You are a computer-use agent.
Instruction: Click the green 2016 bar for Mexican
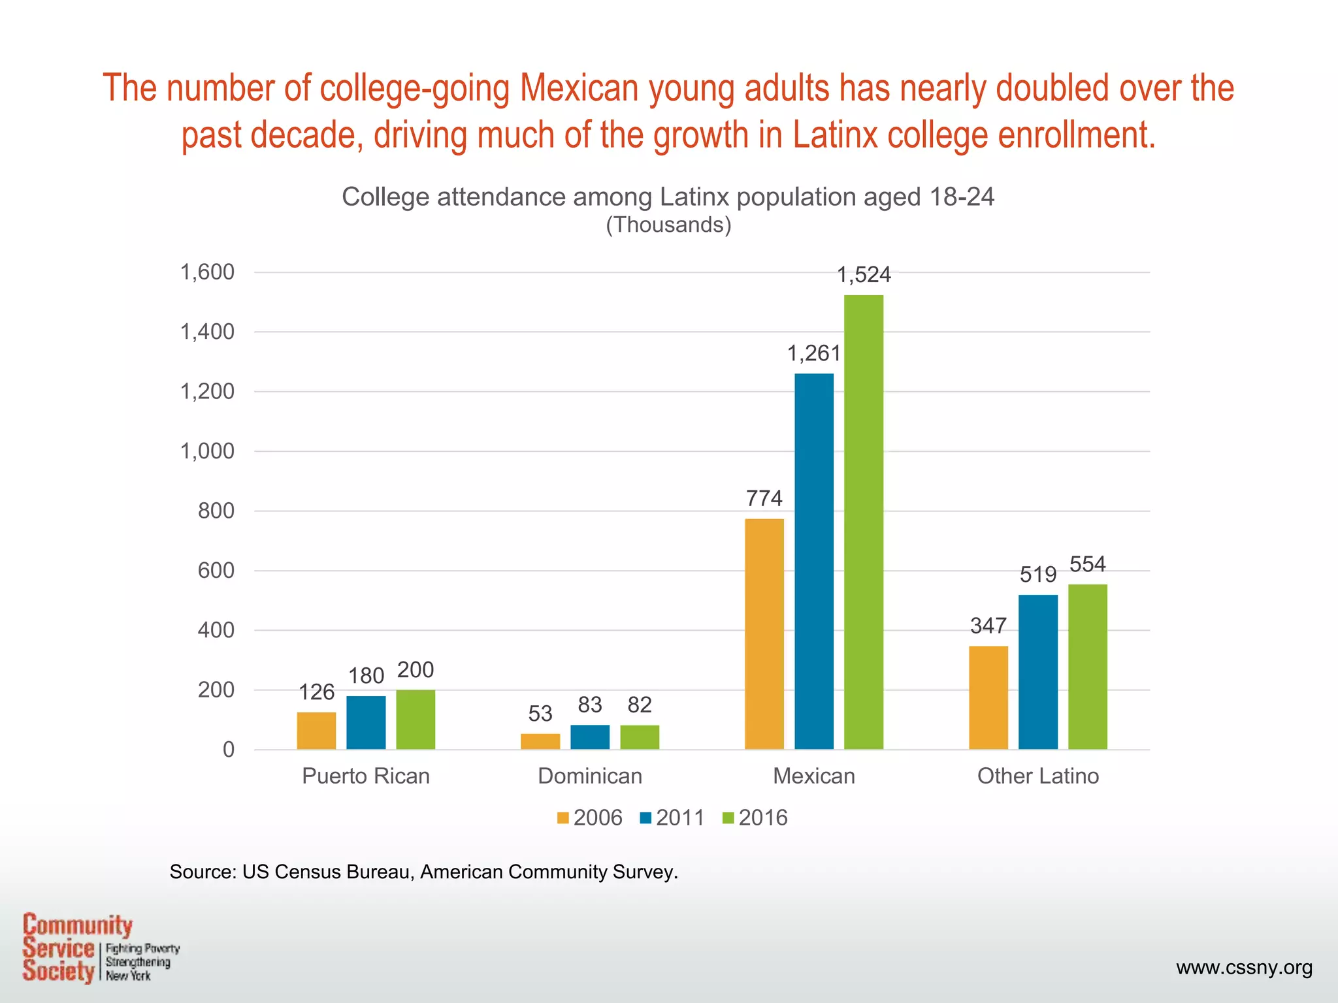[x=863, y=522]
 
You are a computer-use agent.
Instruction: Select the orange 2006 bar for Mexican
[x=764, y=633]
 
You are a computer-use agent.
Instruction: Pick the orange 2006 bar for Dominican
[x=540, y=741]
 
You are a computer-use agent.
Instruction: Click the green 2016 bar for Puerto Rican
[x=416, y=719]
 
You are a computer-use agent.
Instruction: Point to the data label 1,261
[x=813, y=354]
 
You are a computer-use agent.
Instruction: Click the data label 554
[x=1087, y=564]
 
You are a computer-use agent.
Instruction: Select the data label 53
[x=540, y=714]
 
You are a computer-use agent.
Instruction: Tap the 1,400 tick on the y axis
[x=207, y=332]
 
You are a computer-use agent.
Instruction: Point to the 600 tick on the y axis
[x=216, y=571]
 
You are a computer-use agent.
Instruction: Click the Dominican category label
[x=590, y=776]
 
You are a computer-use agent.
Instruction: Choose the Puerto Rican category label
[x=366, y=776]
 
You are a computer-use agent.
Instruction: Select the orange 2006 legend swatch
[x=563, y=818]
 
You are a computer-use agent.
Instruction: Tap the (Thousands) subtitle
[x=668, y=225]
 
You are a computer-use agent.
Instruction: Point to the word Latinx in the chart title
[x=694, y=197]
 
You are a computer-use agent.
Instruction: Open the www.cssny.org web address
[x=1244, y=968]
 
